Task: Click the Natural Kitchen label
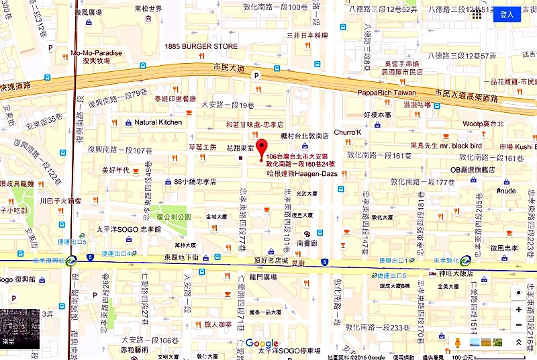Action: click(158, 122)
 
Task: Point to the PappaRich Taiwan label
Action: click(387, 93)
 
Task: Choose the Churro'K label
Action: click(347, 132)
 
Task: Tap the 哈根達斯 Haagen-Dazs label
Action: click(301, 173)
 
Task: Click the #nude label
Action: click(505, 191)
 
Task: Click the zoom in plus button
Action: click(518, 310)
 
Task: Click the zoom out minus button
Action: click(518, 325)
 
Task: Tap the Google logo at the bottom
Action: click(262, 343)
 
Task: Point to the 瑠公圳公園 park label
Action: click(174, 217)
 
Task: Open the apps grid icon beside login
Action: click(477, 14)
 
